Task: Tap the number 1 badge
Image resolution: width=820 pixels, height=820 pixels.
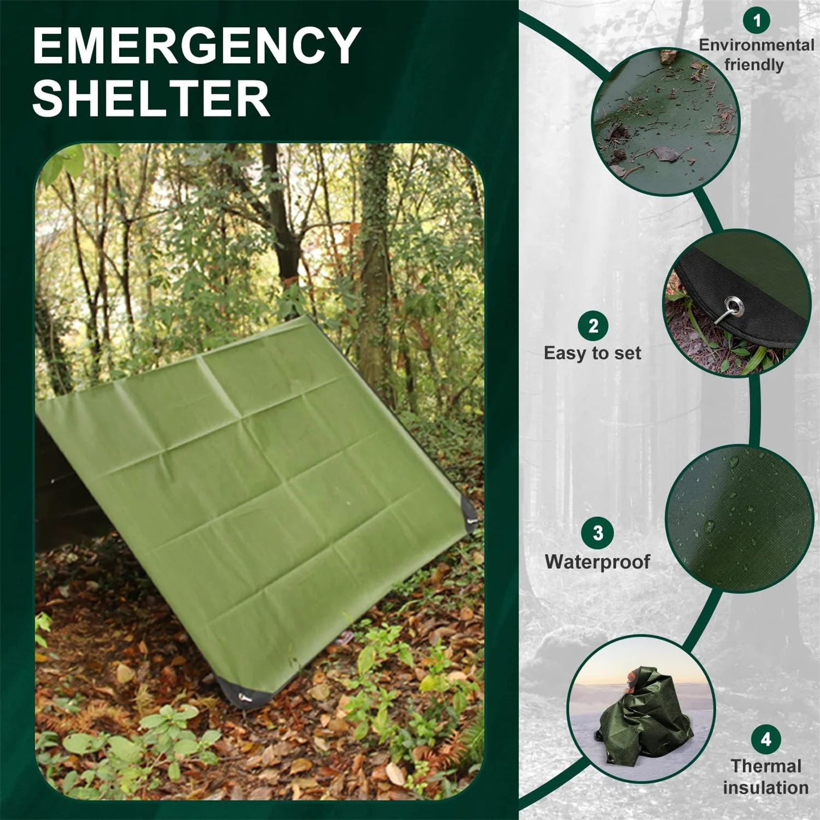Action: tap(757, 20)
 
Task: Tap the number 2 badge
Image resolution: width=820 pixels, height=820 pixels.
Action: tap(593, 326)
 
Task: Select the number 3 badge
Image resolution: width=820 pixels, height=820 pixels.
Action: tap(598, 533)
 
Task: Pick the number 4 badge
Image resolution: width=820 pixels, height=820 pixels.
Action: tap(766, 740)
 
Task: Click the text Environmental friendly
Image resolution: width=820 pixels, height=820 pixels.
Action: tap(756, 55)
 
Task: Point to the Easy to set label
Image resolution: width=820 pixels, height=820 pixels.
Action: tap(592, 354)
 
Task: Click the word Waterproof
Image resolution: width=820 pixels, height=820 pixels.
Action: tap(598, 562)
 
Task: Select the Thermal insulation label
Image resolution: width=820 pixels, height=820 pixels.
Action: tap(766, 776)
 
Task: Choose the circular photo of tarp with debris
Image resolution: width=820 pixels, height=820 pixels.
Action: tap(665, 122)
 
